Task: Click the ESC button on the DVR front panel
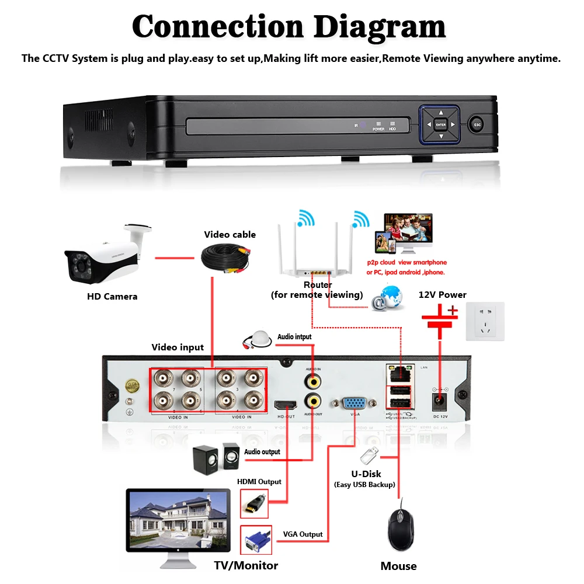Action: click(477, 124)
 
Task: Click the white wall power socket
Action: click(485, 321)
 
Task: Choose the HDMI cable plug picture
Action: click(255, 503)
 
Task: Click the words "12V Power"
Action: click(443, 294)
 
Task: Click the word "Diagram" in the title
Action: click(379, 26)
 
